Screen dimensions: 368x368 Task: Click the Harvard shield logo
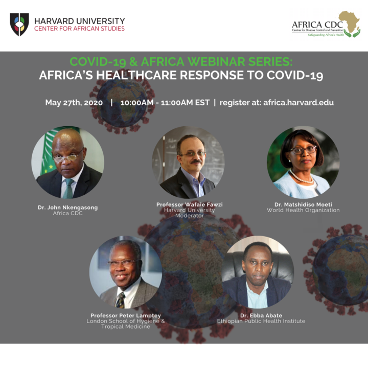[19, 25]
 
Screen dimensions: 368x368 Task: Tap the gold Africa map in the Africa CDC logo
[349, 22]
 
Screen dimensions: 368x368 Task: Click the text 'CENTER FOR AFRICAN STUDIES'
[79, 29]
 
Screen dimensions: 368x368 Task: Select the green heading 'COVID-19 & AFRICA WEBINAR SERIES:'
[181, 62]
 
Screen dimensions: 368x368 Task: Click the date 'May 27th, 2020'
[74, 103]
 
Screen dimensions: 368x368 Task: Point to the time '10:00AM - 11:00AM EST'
[165, 103]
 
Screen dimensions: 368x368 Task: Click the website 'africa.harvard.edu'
[298, 103]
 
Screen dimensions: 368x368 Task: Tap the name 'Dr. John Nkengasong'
[68, 208]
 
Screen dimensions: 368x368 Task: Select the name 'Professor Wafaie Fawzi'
[190, 204]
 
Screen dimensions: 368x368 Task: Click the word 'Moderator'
[190, 216]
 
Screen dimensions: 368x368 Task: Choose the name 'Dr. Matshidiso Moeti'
[303, 204]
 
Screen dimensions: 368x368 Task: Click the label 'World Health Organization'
[303, 210]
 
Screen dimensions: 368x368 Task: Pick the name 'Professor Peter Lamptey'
[126, 315]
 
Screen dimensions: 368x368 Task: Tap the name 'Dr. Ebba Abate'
[261, 315]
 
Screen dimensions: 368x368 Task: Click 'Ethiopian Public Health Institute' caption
[261, 321]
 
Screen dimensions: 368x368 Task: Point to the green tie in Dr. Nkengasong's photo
[69, 188]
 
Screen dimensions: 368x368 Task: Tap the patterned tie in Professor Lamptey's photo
[121, 300]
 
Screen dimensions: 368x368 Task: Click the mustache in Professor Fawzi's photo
[196, 162]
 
